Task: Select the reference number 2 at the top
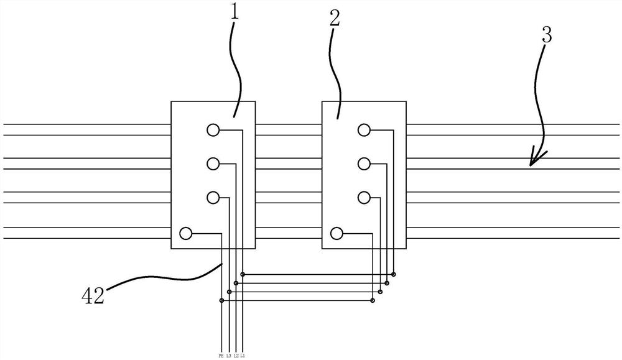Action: [335, 18]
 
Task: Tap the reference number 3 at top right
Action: [546, 35]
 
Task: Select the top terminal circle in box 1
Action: [213, 130]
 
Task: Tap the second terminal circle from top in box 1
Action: [213, 164]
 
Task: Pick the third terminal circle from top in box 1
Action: [213, 198]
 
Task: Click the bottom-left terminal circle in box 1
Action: [185, 233]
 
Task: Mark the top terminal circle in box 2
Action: [364, 130]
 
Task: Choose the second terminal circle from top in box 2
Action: [364, 164]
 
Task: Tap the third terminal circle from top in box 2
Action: [364, 198]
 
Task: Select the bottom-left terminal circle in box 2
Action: [337, 233]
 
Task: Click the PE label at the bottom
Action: [221, 355]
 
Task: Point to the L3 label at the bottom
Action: [229, 355]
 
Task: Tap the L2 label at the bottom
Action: [236, 355]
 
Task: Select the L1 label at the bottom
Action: [242, 355]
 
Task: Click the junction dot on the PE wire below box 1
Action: [222, 300]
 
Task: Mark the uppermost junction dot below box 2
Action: [393, 274]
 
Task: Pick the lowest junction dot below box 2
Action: [373, 300]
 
